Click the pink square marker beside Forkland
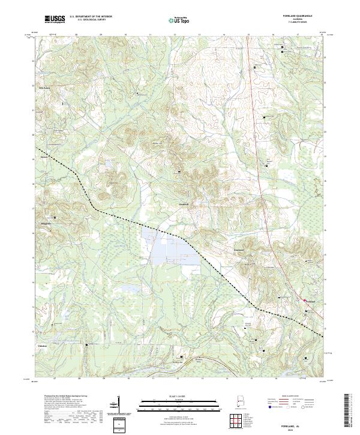(x=306, y=310)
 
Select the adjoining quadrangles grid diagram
(x=238, y=422)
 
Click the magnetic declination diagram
(x=118, y=405)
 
